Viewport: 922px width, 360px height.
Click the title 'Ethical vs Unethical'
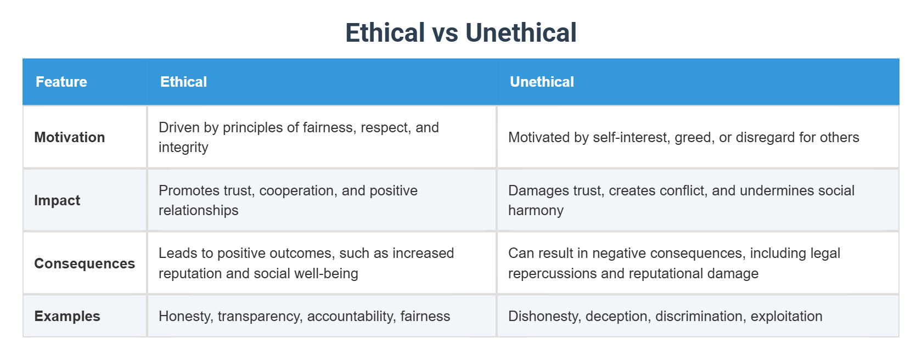coord(460,32)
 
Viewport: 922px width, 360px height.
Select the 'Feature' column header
coord(61,82)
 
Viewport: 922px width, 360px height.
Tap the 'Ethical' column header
coord(183,82)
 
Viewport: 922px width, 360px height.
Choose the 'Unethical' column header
coord(542,82)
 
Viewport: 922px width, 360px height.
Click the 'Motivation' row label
coord(69,137)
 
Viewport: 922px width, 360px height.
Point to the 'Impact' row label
coord(57,200)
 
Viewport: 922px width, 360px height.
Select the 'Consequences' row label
coord(85,263)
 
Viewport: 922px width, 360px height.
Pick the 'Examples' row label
coord(67,316)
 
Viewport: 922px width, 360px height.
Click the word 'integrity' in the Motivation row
coord(183,148)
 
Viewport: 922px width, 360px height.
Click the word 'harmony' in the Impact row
coord(536,211)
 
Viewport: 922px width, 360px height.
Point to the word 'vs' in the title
coord(445,33)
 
